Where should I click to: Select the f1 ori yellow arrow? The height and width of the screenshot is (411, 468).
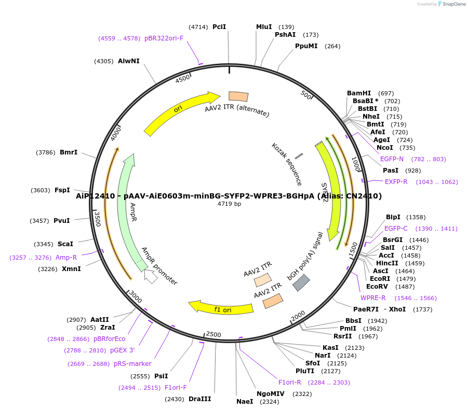pos(221,308)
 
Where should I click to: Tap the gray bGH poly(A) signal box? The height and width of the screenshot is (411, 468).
pos(301,282)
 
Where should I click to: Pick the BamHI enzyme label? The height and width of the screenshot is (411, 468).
pos(359,93)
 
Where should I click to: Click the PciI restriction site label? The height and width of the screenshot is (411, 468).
pos(219,27)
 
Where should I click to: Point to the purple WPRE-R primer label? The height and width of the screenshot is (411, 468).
pos(373,298)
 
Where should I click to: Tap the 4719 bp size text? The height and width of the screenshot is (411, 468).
pos(229,204)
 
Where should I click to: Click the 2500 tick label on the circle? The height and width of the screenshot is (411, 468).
pos(213,334)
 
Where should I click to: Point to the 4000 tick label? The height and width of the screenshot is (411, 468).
pos(116,133)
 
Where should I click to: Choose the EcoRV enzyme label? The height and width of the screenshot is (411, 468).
pos(377,287)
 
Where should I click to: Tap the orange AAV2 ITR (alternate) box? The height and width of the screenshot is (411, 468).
pos(238,96)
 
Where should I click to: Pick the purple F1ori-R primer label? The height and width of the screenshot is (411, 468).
pos(289,382)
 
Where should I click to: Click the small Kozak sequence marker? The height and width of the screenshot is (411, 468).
pos(299,156)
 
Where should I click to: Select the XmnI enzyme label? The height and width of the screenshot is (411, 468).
pos(71,269)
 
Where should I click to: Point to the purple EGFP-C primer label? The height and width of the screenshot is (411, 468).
pos(396,229)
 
